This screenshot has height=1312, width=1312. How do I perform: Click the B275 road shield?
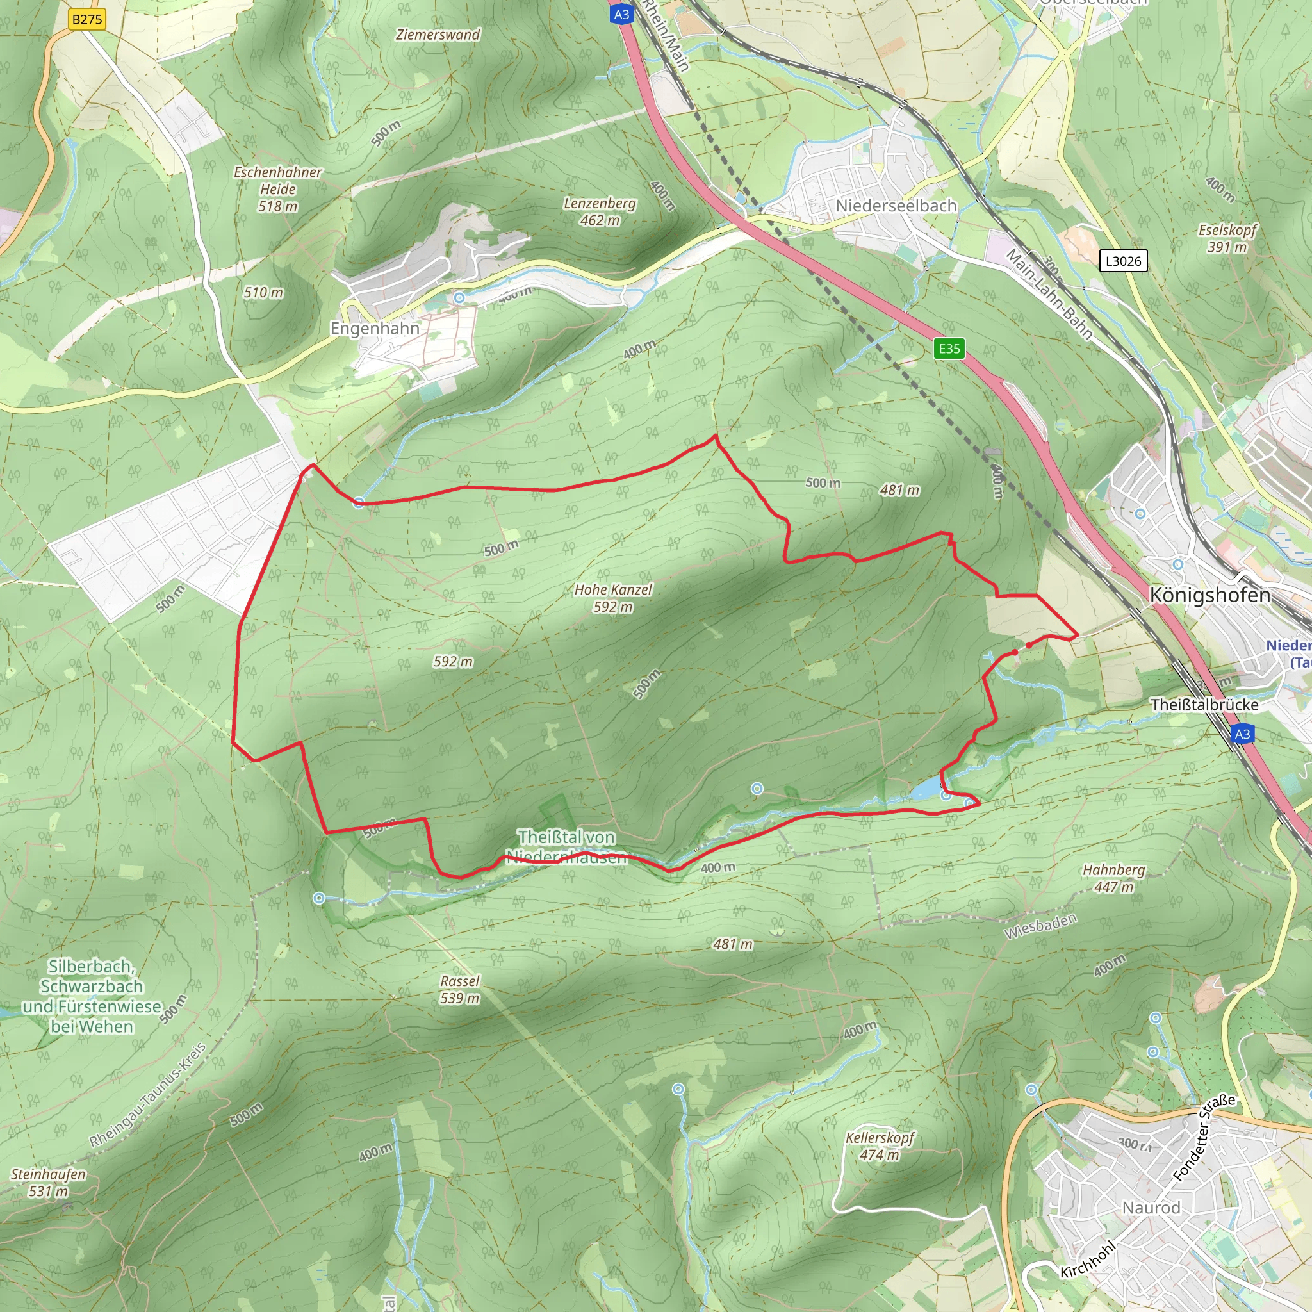(x=87, y=19)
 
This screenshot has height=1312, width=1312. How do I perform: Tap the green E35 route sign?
(x=949, y=348)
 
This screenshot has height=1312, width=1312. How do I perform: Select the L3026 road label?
(x=1123, y=261)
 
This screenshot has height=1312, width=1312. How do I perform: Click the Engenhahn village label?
(x=375, y=328)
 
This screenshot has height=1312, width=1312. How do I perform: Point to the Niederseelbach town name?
(x=896, y=205)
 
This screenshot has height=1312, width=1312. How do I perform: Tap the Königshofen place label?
(x=1209, y=595)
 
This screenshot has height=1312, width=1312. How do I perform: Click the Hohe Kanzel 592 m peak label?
(x=612, y=598)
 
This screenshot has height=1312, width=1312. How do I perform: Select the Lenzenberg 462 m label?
(x=600, y=211)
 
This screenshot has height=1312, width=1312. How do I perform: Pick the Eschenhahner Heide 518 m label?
(x=278, y=189)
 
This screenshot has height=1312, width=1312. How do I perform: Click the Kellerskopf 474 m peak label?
(x=880, y=1145)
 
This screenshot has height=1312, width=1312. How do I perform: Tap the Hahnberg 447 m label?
(x=1113, y=878)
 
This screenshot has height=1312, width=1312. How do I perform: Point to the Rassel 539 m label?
(x=460, y=988)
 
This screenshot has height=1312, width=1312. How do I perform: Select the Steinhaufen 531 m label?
(x=48, y=1183)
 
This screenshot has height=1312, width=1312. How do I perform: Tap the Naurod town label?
(x=1151, y=1208)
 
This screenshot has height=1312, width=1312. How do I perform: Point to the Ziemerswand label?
(x=438, y=35)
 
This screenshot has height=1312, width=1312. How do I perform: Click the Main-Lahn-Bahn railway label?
(x=1049, y=294)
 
